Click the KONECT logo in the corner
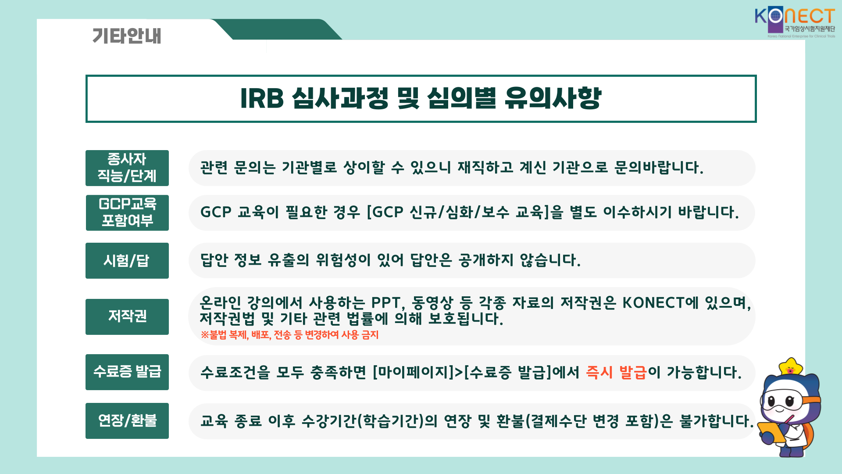point(795,22)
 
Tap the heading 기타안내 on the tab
point(127,36)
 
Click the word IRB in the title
point(262,98)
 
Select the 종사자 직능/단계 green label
point(127,168)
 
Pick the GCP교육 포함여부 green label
point(127,213)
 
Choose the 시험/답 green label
point(127,261)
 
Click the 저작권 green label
point(127,316)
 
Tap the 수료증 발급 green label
point(127,372)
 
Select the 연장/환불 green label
point(127,421)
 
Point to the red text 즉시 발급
point(616,373)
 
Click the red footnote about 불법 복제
point(289,335)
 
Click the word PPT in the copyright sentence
point(386,303)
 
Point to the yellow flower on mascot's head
point(790,366)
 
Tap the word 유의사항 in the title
point(553,98)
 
